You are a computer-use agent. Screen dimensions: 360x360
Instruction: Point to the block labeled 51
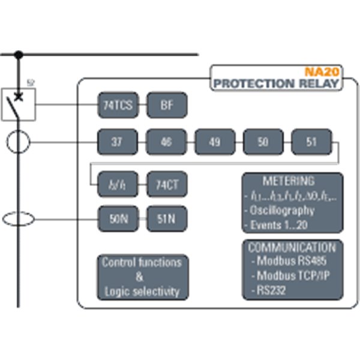[x=311, y=143]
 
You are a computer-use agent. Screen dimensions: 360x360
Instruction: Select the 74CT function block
[x=167, y=184]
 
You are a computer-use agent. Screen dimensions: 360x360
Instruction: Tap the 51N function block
[x=167, y=219]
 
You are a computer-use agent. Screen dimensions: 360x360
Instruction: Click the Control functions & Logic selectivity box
[x=141, y=277]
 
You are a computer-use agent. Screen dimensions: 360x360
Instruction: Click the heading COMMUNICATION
[x=292, y=247]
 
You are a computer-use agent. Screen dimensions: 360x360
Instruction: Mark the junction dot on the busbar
[x=19, y=55]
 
